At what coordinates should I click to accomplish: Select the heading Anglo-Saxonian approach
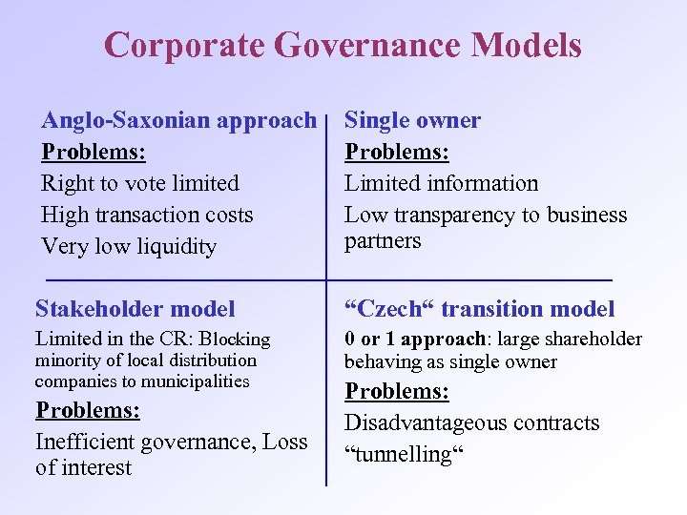(178, 120)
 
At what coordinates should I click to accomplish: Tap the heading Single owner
(412, 120)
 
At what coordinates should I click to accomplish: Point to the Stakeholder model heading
(135, 309)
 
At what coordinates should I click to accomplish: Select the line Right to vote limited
(140, 183)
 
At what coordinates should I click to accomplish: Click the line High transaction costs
(147, 215)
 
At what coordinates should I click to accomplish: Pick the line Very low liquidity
(129, 247)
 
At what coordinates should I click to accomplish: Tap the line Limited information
(441, 183)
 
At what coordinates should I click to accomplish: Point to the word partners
(383, 240)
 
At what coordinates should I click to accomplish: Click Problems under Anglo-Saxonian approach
(94, 152)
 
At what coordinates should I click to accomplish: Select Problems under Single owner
(397, 152)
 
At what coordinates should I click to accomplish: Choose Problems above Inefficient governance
(88, 410)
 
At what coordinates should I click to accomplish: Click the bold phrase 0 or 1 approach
(416, 340)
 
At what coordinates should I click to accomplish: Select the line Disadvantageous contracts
(471, 422)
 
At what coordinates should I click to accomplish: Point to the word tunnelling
(404, 454)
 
